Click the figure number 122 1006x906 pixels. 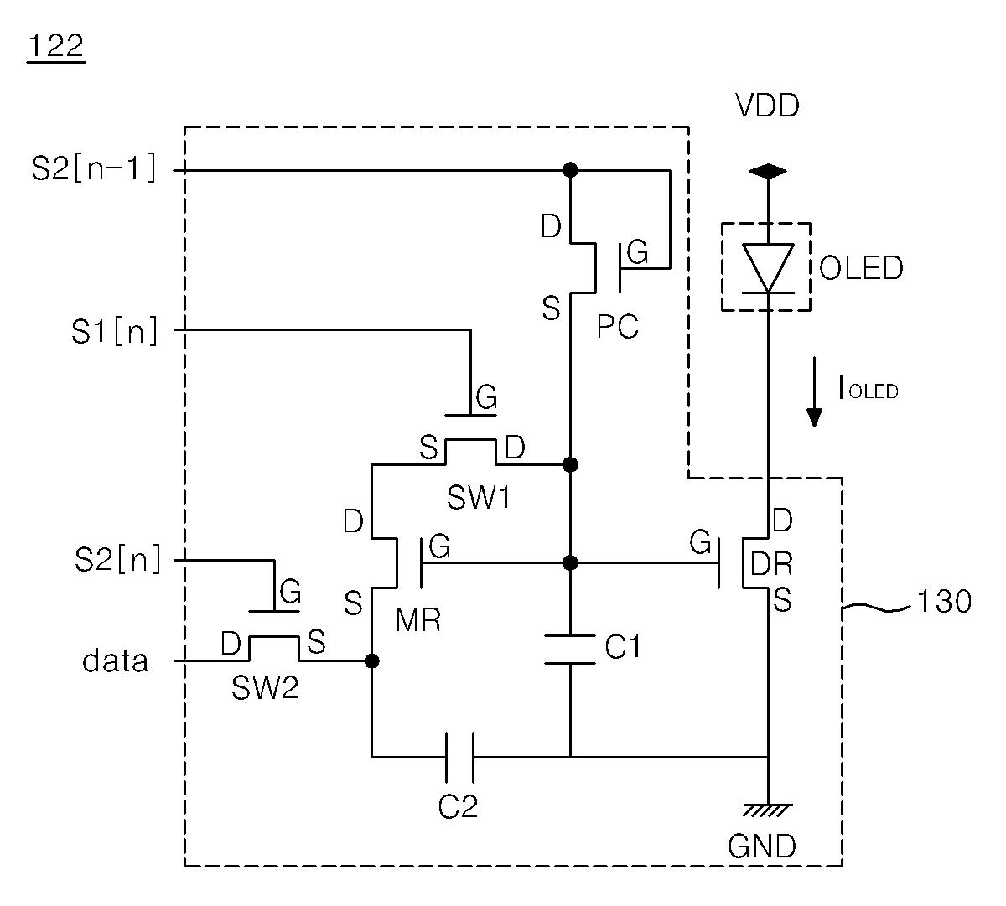tap(56, 46)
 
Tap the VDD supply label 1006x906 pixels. tap(767, 106)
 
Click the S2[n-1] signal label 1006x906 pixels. tap(93, 168)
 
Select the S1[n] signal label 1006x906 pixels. tap(115, 331)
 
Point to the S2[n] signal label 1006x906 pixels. tap(118, 560)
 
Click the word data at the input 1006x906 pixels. tap(116, 660)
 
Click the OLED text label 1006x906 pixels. tap(861, 267)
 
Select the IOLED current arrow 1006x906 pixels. tap(814, 391)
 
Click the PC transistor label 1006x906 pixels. tap(617, 326)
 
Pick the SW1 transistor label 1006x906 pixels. tap(479, 499)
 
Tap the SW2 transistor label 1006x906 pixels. tap(264, 687)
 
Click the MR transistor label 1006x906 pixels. tap(417, 619)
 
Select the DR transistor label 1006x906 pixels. tap(771, 563)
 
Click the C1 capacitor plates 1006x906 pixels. tap(570, 650)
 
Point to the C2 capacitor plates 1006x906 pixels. tap(459, 757)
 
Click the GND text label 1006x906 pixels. tap(762, 846)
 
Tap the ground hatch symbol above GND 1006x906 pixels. tap(767, 810)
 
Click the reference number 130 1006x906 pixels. tap(944, 601)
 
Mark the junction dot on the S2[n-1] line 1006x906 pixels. tap(570, 170)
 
